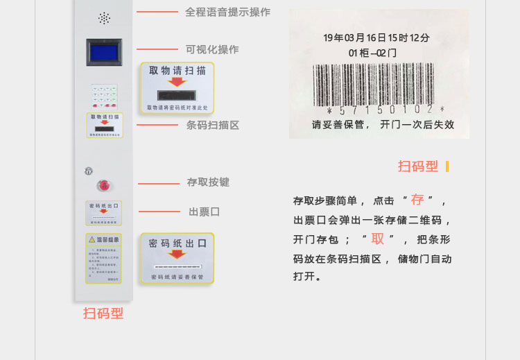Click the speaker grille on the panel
tap(104, 18)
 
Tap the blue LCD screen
tap(103, 52)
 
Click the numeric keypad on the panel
tap(104, 96)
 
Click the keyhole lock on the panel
tap(89, 171)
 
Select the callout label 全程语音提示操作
tap(227, 12)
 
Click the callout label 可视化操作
tap(212, 49)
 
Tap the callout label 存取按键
tap(208, 182)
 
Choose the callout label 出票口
tap(204, 212)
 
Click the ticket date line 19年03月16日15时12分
tap(376, 37)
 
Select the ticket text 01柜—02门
tap(372, 52)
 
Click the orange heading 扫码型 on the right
tap(418, 166)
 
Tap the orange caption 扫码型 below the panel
tap(103, 313)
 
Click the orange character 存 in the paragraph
tap(417, 200)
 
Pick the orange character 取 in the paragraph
tap(377, 239)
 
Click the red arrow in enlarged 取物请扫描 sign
tap(177, 82)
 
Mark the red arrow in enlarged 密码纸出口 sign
tap(177, 254)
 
